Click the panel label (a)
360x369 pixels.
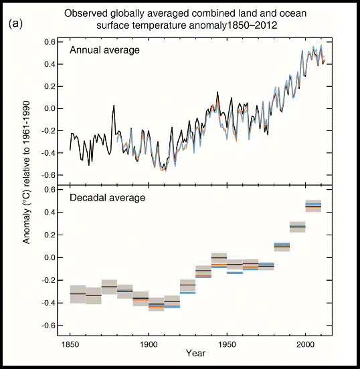tap(15, 24)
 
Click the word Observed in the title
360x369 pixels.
tap(86, 13)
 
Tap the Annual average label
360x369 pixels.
tap(104, 50)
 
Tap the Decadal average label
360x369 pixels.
tap(108, 198)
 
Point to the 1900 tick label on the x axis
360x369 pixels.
tap(149, 345)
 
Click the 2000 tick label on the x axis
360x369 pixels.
tap(305, 345)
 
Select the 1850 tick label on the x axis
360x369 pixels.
tap(70, 345)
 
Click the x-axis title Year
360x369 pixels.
tap(195, 353)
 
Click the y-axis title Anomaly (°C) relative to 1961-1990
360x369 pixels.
tap(26, 172)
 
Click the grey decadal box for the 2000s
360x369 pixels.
tap(313, 206)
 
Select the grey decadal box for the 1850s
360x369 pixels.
tap(78, 294)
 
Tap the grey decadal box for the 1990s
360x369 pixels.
tap(298, 227)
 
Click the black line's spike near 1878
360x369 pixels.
tap(114, 106)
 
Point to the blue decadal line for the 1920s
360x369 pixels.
tap(188, 293)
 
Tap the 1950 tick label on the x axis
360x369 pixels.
tap(227, 345)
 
